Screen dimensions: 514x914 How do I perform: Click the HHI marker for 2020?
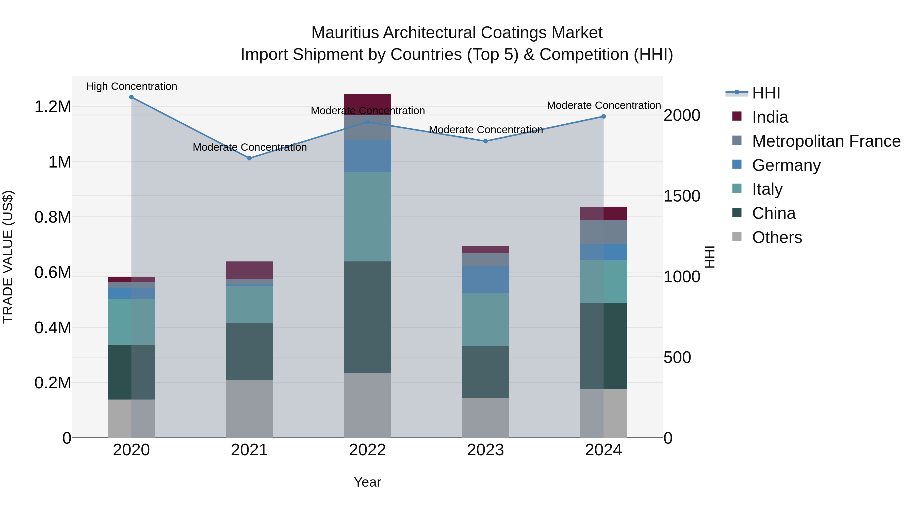tap(131, 97)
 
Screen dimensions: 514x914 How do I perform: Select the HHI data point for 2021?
tap(249, 158)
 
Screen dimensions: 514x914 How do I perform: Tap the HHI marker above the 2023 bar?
tap(485, 141)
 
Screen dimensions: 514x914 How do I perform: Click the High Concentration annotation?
tap(132, 87)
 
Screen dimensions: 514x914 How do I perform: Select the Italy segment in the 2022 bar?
tap(368, 217)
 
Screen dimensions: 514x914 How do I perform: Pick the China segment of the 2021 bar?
tap(249, 351)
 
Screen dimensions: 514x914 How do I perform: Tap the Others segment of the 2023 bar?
tap(485, 418)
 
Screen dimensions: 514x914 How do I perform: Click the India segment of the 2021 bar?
tap(249, 270)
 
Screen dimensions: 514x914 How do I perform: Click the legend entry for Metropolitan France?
tap(826, 141)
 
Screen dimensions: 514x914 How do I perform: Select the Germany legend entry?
tap(786, 165)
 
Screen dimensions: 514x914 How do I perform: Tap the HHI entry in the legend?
tap(766, 93)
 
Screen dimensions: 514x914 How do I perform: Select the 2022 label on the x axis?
tap(368, 450)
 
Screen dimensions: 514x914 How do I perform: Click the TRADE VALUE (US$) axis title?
tap(8, 257)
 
